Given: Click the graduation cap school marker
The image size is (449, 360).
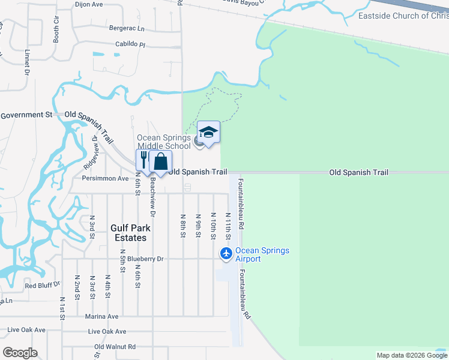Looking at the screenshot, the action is [208, 133].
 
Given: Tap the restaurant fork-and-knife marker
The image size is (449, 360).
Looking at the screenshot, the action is [144, 161].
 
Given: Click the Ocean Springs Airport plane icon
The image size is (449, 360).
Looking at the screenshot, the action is [226, 254].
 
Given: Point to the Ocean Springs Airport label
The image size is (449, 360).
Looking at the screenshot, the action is [262, 254].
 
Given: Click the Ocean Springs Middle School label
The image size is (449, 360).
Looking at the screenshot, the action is [164, 142].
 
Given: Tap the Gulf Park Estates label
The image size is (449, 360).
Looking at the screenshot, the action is [129, 233].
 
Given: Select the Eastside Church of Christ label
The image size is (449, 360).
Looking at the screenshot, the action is [403, 16].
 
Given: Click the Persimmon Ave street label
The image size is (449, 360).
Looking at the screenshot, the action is [106, 178].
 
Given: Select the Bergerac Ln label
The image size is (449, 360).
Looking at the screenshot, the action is [127, 28].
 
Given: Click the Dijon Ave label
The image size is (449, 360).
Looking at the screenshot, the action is [90, 4].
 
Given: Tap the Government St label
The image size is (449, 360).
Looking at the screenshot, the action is [26, 115].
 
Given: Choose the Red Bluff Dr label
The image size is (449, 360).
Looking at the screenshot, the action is [43, 285].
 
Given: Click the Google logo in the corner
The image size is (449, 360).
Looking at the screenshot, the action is [20, 352].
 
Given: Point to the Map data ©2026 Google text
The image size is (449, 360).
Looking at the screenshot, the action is [412, 355].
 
